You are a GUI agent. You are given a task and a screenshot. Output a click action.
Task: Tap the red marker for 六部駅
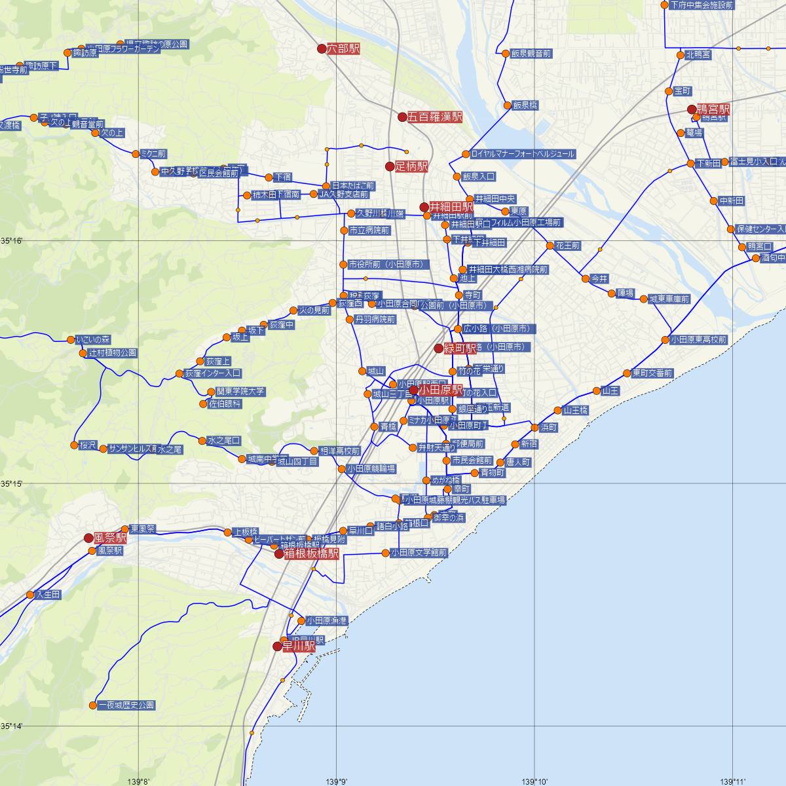click(x=322, y=48)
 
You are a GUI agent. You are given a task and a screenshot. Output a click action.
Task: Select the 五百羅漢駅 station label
click(x=435, y=117)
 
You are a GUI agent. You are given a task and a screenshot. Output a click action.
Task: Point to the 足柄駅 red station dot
click(x=390, y=167)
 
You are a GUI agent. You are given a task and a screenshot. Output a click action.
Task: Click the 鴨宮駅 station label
click(x=713, y=109)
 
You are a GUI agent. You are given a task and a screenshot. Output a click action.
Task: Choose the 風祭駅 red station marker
click(x=89, y=538)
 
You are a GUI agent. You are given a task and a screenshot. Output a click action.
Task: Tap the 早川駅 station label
click(x=299, y=646)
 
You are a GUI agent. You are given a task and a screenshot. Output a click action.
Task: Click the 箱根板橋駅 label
click(x=311, y=554)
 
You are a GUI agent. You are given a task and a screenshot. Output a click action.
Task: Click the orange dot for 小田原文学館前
click(x=386, y=553)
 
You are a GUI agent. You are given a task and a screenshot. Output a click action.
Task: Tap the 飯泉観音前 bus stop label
click(x=531, y=54)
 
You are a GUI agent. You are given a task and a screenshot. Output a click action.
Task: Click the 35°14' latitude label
click(x=11, y=726)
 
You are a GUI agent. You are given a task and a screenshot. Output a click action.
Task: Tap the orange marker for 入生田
click(x=30, y=595)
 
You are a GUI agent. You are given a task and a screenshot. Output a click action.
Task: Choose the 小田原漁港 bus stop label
click(x=326, y=620)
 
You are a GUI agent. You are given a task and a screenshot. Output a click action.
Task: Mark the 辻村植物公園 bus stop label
click(x=113, y=353)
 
